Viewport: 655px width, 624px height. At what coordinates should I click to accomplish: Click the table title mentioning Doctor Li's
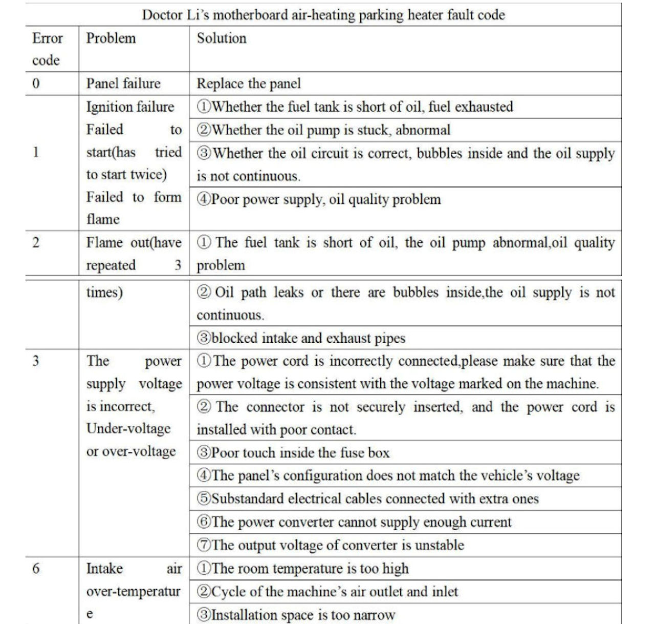(323, 15)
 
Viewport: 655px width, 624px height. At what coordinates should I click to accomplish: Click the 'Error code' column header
(47, 49)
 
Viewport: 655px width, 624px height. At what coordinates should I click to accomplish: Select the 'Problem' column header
(111, 38)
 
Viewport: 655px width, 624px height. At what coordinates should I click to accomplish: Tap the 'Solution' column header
(222, 38)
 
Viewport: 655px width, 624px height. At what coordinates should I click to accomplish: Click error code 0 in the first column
(36, 84)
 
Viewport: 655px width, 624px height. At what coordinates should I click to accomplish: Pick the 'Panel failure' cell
(123, 84)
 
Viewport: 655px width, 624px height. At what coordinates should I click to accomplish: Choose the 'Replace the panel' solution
(249, 84)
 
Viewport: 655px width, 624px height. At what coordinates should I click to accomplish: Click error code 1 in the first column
(36, 152)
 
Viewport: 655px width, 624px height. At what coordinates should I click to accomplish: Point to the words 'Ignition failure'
(130, 107)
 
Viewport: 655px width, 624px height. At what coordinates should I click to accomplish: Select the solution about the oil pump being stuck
(323, 130)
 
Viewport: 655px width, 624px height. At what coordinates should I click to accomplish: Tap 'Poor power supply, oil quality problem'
(319, 199)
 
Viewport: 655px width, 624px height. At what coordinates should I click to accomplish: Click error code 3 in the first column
(36, 361)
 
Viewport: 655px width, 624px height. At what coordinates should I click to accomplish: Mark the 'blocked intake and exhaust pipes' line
(301, 338)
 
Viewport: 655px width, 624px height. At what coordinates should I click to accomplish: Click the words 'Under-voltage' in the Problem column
(128, 429)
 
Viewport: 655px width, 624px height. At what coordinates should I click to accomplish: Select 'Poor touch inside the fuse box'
(293, 453)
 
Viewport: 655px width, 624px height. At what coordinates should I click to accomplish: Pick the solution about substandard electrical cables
(367, 499)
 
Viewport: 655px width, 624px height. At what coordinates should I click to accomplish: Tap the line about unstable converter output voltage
(331, 545)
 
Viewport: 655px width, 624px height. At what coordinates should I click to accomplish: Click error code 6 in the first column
(36, 569)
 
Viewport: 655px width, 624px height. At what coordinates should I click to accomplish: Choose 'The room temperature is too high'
(303, 569)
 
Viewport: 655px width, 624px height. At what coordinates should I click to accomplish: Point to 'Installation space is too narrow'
(296, 615)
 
